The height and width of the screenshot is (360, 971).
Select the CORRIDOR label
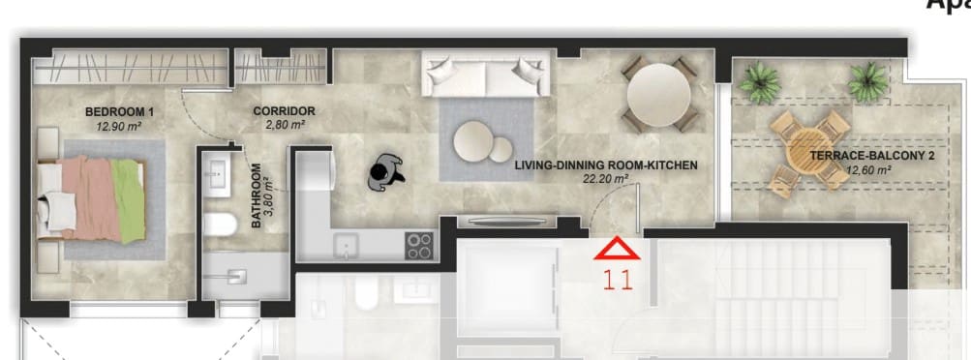(x=284, y=111)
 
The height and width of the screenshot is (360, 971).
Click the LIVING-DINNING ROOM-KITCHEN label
(x=606, y=165)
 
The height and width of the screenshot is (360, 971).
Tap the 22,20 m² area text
(x=606, y=178)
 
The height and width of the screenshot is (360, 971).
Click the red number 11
(x=617, y=282)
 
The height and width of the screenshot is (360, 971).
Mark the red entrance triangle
(x=617, y=250)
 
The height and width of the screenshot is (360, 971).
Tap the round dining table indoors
(x=658, y=95)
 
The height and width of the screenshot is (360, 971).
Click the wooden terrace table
(x=809, y=151)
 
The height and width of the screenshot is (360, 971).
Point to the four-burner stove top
(x=419, y=246)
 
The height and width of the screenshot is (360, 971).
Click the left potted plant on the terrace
(x=759, y=81)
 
